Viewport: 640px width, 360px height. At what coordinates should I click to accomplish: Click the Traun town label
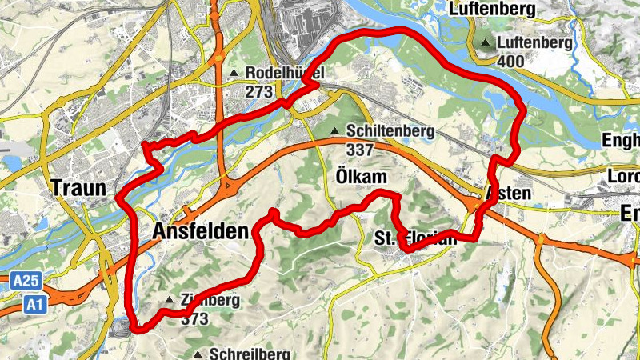tap(78, 190)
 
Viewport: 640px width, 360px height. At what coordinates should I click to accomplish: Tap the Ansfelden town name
tap(199, 232)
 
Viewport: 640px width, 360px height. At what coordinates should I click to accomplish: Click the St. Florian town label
tap(415, 238)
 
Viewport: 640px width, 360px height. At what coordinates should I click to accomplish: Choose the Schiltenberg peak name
tap(390, 131)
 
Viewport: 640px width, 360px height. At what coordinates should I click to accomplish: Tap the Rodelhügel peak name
tap(283, 74)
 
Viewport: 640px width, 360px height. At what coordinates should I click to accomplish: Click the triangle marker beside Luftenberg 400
tap(486, 43)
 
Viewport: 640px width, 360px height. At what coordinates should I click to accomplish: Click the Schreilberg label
tap(249, 354)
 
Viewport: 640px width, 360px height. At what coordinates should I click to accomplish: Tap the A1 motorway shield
tap(33, 304)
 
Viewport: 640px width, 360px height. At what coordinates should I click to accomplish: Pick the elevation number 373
tap(194, 319)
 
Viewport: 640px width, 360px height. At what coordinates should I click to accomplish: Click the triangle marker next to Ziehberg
tap(169, 301)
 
